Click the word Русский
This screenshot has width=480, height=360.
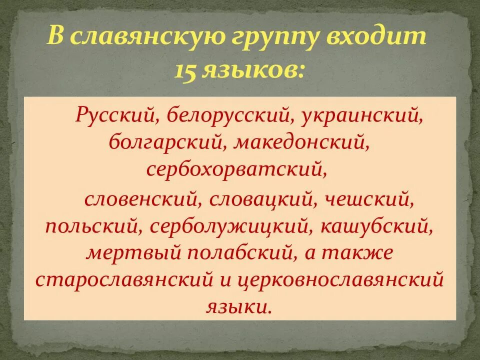[x=113, y=116]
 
